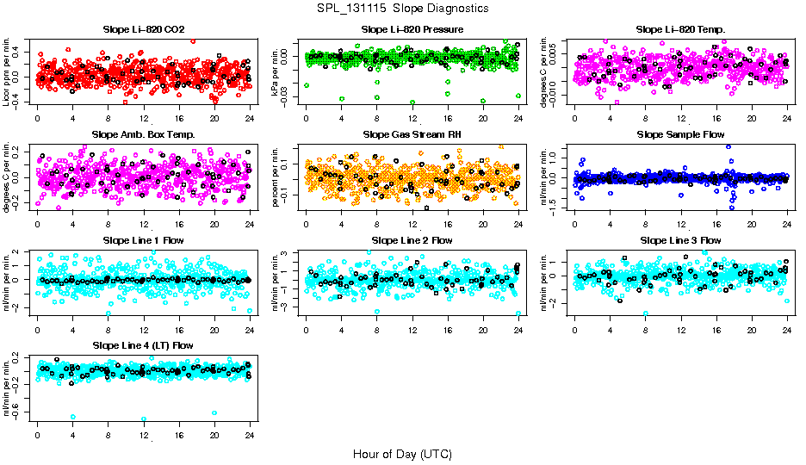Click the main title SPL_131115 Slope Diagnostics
[x=402, y=8]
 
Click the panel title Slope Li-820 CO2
[x=144, y=29]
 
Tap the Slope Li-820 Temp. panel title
[x=680, y=29]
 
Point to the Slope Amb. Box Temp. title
[x=144, y=135]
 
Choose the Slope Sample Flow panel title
[x=680, y=135]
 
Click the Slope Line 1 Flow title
[x=144, y=240]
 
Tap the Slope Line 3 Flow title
[x=680, y=240]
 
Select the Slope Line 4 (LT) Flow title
[x=144, y=346]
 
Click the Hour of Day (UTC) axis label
[x=402, y=453]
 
